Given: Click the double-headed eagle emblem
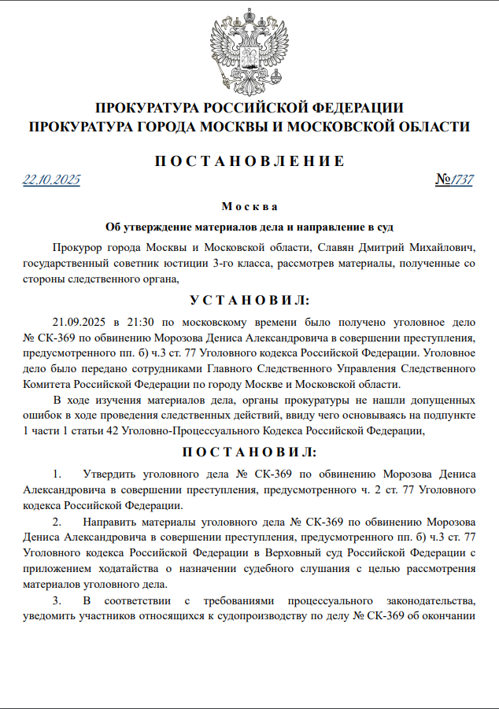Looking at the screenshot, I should pos(249,50).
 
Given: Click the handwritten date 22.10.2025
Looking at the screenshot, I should pos(52,180).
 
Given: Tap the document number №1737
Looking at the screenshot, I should pos(454,180).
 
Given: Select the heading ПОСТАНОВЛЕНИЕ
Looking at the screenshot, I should pos(249,161).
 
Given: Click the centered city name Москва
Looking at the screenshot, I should pos(249,207).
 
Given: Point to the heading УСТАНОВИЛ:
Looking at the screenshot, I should pos(249,301).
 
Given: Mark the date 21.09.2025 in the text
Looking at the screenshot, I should pos(79,323).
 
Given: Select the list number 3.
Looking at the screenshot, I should pos(56,600).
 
